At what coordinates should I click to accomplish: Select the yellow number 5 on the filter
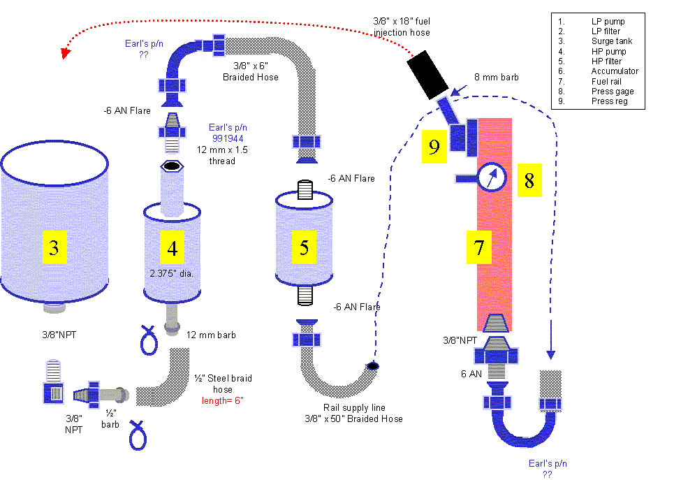click(x=304, y=247)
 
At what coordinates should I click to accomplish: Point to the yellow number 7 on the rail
click(x=479, y=247)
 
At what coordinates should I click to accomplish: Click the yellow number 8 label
click(x=529, y=180)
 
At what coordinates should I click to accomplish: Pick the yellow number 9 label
click(x=434, y=147)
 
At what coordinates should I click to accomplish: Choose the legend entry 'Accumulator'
click(x=614, y=71)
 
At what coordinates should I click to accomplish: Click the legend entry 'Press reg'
click(x=608, y=101)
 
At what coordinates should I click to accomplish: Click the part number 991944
click(x=228, y=138)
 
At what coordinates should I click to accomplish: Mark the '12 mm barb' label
click(x=211, y=335)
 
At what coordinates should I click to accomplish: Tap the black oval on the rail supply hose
click(x=373, y=365)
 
